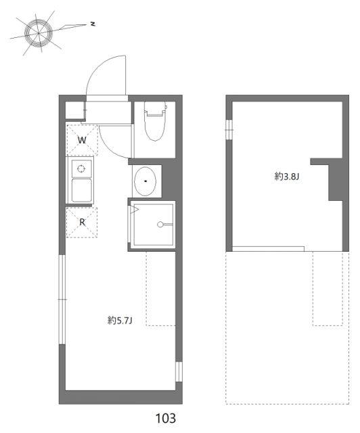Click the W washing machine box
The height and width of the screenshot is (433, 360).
click(x=82, y=140)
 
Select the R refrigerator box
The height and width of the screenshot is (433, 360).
click(x=82, y=221)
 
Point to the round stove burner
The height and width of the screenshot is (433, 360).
click(x=81, y=168)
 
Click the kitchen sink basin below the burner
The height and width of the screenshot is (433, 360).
click(x=82, y=190)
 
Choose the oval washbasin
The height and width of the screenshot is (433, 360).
click(x=146, y=180)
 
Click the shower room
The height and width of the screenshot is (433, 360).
click(x=153, y=225)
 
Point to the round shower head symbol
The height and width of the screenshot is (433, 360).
click(x=160, y=225)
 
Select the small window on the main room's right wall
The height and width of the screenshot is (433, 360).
click(x=179, y=372)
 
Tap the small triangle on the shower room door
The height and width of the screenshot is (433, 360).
click(x=135, y=211)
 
